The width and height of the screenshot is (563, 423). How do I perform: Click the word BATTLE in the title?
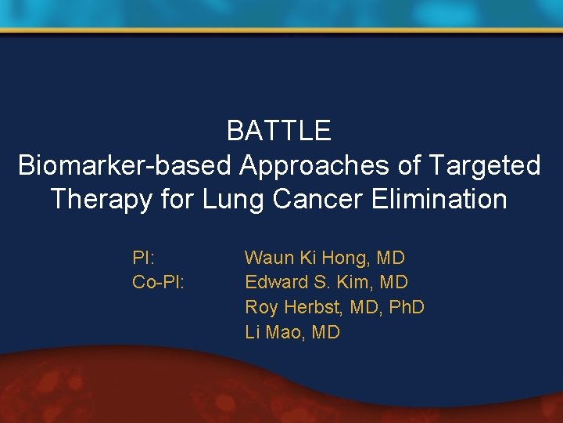point(279,131)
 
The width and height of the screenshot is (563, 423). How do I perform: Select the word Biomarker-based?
point(125,165)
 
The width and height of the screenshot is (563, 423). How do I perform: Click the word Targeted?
point(484,165)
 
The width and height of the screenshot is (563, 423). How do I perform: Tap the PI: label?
point(143,257)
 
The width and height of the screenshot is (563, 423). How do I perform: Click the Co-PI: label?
point(158,282)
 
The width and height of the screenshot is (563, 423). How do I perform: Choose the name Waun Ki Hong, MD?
point(325,257)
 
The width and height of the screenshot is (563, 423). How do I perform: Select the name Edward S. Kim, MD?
point(326,282)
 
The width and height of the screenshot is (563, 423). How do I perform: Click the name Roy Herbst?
point(289,307)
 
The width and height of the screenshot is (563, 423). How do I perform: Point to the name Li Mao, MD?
point(292,332)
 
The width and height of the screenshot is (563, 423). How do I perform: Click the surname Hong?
point(346,257)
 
